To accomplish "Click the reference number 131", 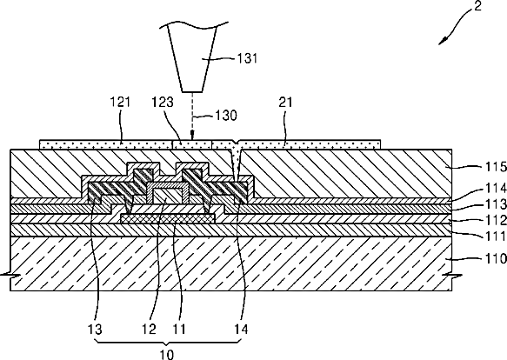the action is click(x=247, y=58).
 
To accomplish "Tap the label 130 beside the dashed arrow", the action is click(x=226, y=116).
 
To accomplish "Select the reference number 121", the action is click(x=120, y=102).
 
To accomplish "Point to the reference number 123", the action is click(x=163, y=102).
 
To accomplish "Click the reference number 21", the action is click(x=285, y=102).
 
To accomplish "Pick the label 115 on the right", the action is click(x=496, y=167).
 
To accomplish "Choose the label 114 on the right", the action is click(x=496, y=188).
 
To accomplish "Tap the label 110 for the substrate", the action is click(x=496, y=258).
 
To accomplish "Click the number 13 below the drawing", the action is click(x=95, y=330).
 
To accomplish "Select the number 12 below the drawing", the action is click(x=149, y=330).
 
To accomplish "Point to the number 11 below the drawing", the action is click(x=179, y=330).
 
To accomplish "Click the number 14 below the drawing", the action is click(x=241, y=330).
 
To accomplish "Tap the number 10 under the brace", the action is click(x=167, y=355).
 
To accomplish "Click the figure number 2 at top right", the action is click(x=477, y=6).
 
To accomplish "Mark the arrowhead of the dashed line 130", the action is click(x=192, y=134).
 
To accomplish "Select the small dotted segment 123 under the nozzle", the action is click(x=191, y=144).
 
